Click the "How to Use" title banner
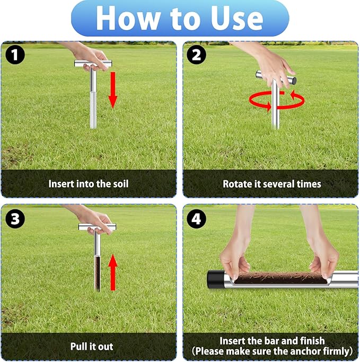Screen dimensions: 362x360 coord(180,19)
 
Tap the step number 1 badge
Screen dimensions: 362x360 coord(15,55)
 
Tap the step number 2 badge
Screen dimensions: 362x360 coord(197,55)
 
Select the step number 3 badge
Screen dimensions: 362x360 coord(15,217)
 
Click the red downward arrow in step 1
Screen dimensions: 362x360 coord(112,89)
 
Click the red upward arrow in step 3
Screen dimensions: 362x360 coord(112,271)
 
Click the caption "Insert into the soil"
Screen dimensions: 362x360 coord(89,184)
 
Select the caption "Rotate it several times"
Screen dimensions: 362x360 coord(271,184)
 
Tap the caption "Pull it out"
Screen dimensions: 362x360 coord(91,346)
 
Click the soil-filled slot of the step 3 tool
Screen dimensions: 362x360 coord(98,273)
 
